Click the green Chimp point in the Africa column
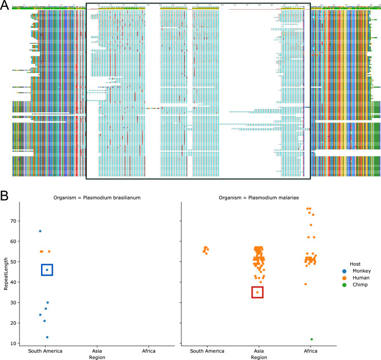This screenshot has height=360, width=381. (x=311, y=339)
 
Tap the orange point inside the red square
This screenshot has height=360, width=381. (x=257, y=293)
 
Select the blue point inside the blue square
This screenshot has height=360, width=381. (x=47, y=270)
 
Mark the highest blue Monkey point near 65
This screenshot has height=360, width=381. (x=40, y=231)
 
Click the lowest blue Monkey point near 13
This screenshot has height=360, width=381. (x=47, y=337)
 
